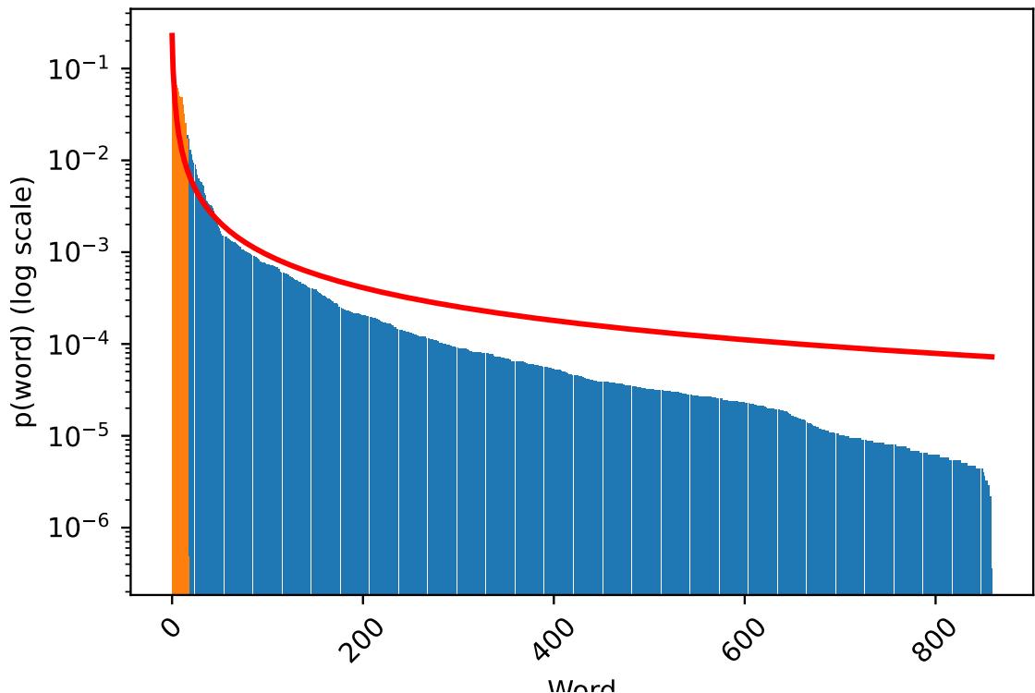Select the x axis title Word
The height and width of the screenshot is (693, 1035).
pos(581,685)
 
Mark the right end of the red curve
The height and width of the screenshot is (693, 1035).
pos(992,357)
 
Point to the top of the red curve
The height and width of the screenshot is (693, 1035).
pos(172,36)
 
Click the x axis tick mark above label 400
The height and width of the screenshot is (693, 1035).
pos(554,598)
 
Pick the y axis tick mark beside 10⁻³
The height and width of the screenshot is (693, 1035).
pos(127,252)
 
